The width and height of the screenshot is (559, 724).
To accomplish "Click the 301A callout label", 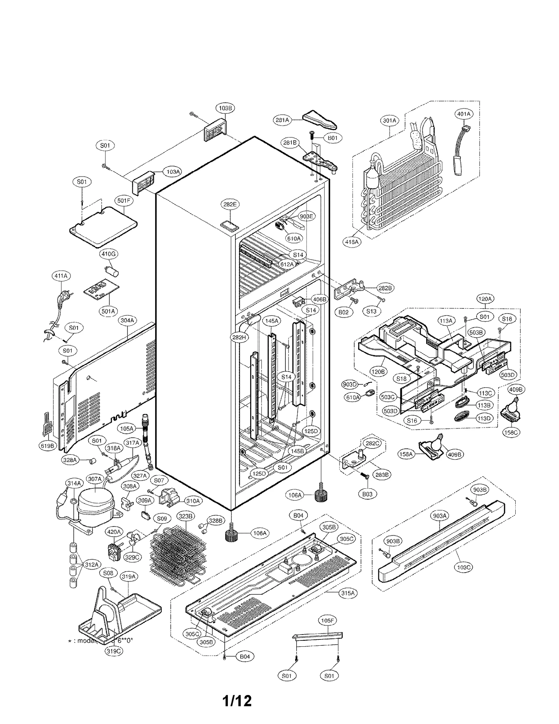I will (390, 121).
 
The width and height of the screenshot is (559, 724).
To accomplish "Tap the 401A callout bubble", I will (464, 114).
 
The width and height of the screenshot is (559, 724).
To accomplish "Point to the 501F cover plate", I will (102, 225).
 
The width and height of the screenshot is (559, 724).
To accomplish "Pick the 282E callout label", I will (230, 205).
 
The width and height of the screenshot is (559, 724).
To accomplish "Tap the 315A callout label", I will (348, 593).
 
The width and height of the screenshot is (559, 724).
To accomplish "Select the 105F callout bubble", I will (327, 621).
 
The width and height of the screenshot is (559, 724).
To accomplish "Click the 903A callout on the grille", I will (440, 516).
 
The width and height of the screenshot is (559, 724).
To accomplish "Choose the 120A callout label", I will (485, 299).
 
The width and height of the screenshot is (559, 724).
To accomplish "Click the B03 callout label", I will (367, 494).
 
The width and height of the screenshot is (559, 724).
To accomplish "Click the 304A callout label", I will (128, 320).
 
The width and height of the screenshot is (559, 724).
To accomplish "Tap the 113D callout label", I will (484, 418).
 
